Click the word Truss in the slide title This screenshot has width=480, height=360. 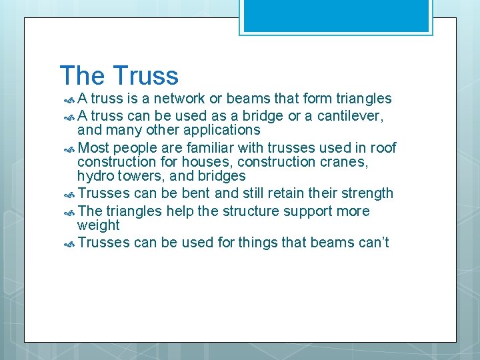[146, 75]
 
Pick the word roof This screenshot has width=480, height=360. [383, 147]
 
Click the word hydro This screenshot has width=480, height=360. [95, 177]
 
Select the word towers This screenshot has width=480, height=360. [137, 177]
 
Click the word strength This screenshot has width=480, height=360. [365, 194]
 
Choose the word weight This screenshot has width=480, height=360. [98, 226]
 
